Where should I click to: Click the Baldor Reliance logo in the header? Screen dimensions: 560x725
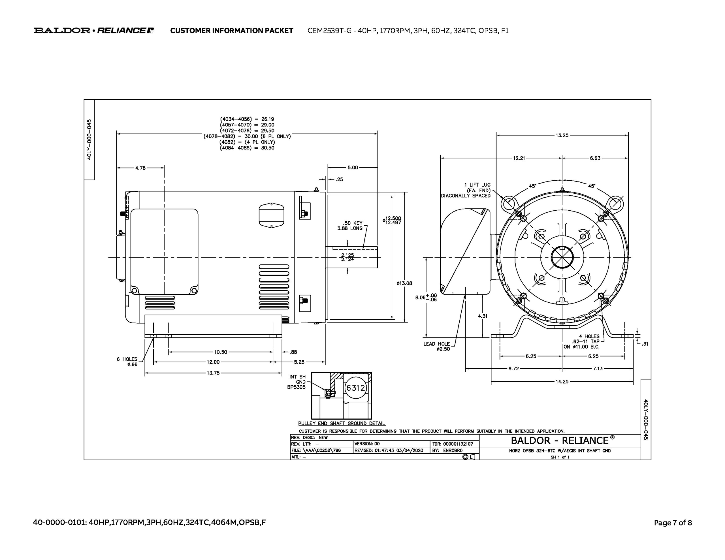94,31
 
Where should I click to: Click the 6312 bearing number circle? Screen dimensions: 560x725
355,388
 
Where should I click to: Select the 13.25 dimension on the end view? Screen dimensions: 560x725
562,135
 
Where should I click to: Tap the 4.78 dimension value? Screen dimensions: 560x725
140,168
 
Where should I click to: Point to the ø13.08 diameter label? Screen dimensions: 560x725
404,283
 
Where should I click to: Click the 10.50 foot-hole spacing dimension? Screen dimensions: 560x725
220,352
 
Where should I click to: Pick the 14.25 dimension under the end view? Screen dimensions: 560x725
562,381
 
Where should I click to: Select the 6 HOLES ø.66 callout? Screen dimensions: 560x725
127,362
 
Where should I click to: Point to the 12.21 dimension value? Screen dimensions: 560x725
519,158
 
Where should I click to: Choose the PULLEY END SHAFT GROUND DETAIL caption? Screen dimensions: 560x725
342,424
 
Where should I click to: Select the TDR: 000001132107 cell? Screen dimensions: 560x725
455,444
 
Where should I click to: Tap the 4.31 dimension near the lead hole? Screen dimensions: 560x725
482,316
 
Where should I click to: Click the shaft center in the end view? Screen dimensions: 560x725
562,257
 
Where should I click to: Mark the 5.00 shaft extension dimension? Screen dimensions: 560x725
353,168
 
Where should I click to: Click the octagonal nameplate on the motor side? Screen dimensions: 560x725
271,215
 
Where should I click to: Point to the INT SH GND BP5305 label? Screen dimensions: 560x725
297,382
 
